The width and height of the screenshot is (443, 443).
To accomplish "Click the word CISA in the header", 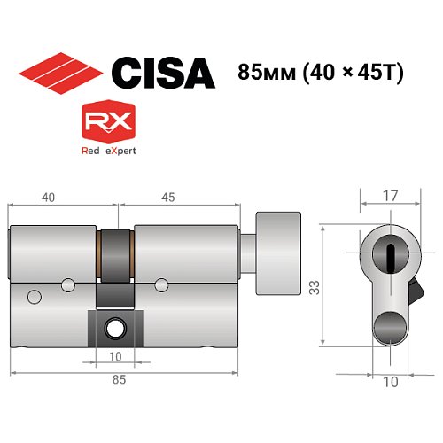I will click(162, 72).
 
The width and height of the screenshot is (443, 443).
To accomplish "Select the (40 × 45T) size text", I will click(353, 72).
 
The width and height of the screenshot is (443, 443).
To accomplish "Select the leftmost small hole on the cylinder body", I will click(34, 295).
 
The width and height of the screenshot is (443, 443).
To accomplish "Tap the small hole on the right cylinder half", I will click(161, 284).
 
